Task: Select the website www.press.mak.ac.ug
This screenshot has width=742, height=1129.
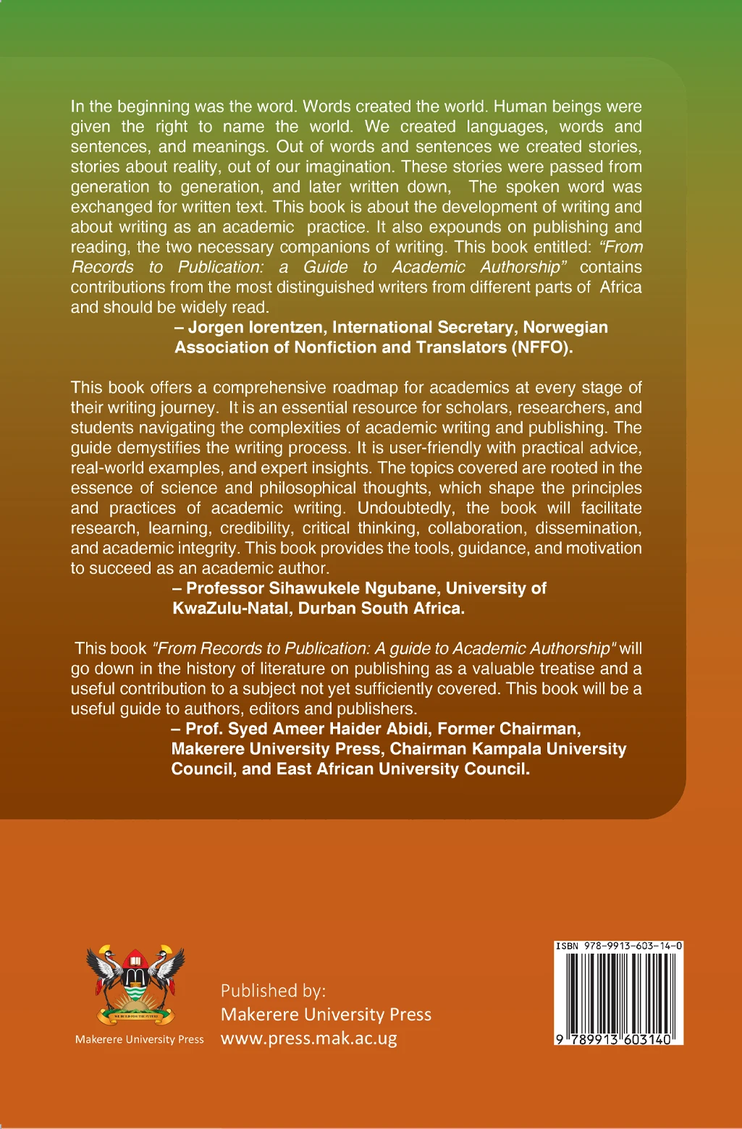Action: coord(309,1039)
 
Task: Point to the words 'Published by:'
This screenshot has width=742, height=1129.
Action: coord(274,990)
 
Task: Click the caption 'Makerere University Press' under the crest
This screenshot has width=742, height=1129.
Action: coord(140,1039)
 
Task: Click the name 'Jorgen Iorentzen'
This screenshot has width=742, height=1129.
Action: coord(255,327)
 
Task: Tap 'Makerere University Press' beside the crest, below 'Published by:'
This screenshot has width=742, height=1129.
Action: coord(326,1015)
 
